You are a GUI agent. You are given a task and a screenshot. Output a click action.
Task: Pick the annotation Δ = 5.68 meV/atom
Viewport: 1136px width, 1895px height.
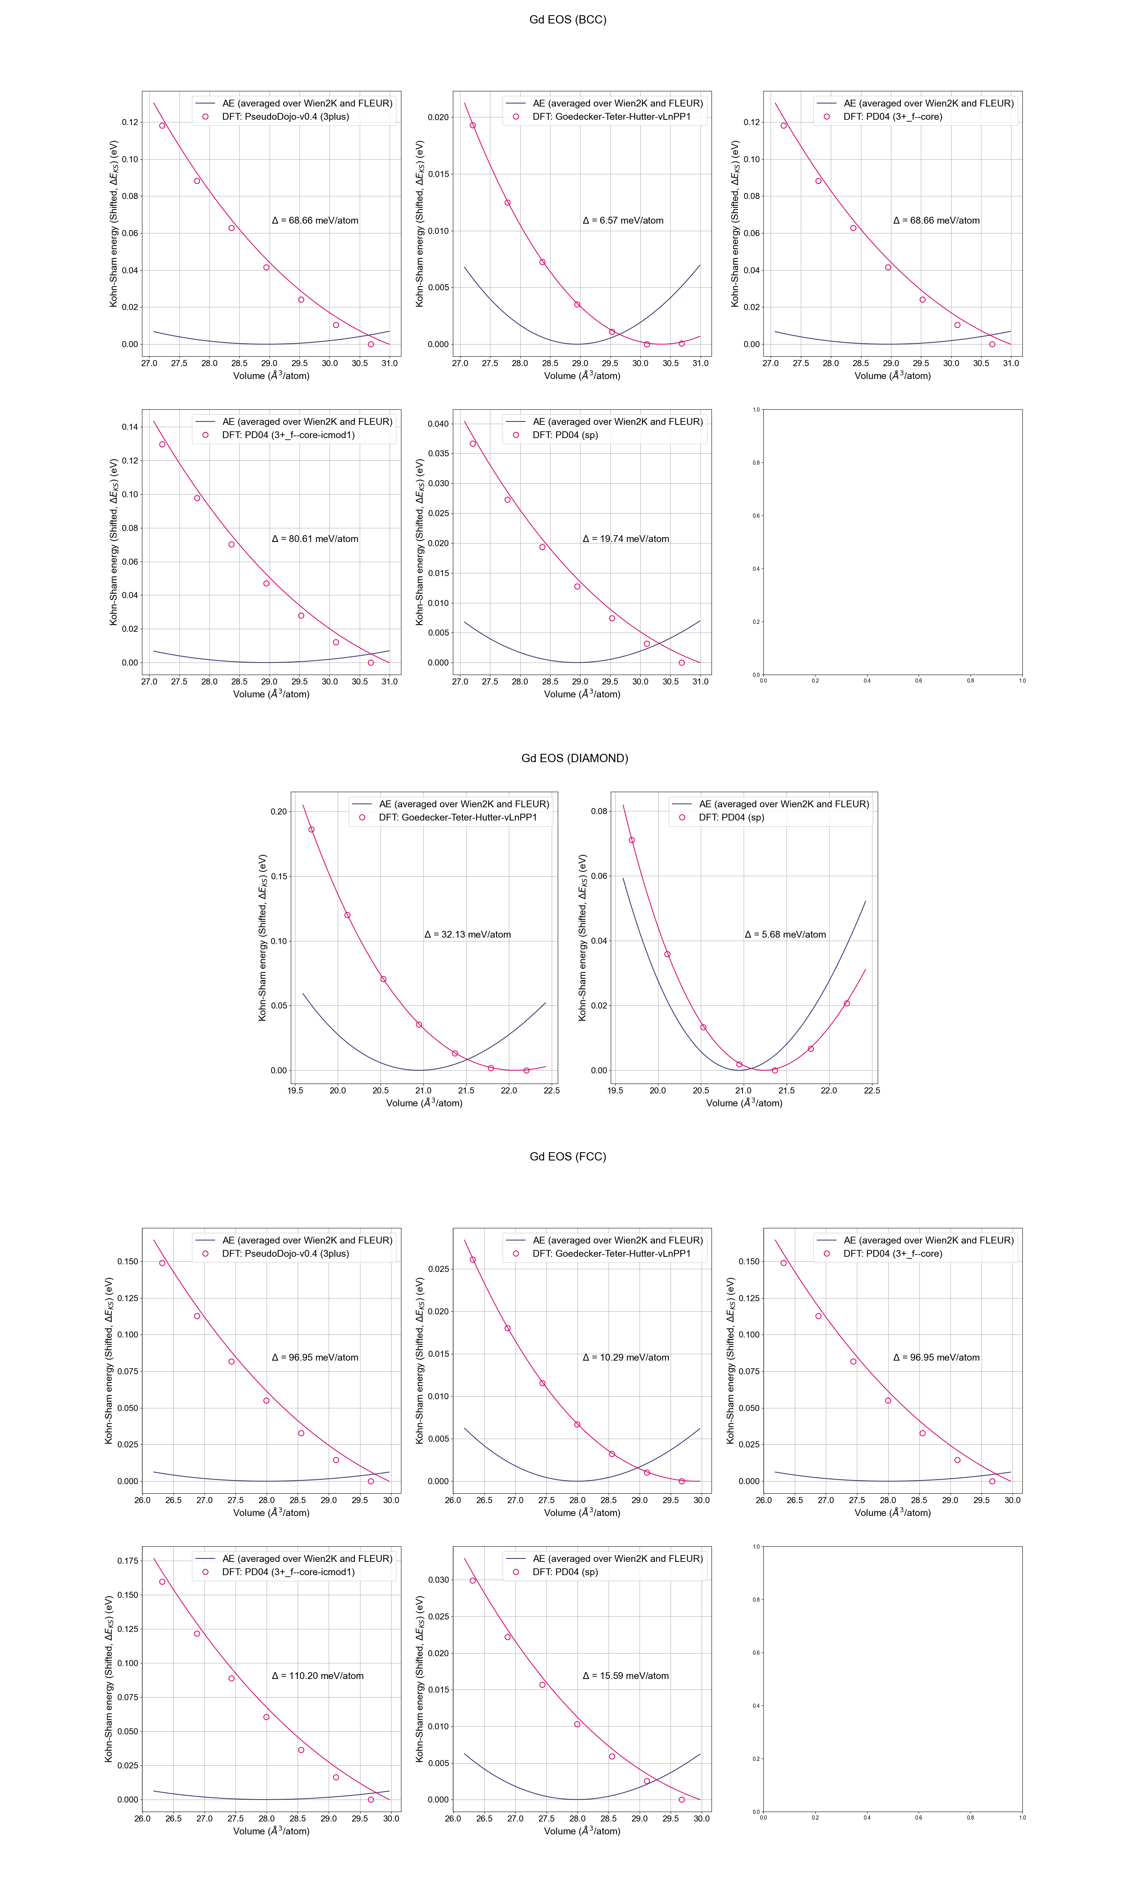click(785, 935)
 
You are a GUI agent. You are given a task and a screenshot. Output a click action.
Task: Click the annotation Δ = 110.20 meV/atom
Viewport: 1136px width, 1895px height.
click(318, 1676)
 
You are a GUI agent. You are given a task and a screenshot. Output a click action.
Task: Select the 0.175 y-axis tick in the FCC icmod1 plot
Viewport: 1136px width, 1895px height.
click(127, 1561)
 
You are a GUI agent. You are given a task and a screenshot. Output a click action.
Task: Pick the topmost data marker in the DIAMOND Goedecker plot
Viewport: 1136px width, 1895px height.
click(311, 830)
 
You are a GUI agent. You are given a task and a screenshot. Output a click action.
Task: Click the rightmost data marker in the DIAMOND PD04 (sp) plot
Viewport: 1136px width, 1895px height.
click(847, 1004)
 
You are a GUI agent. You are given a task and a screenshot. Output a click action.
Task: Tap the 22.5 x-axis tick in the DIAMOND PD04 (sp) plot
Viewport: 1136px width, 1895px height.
click(872, 1091)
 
